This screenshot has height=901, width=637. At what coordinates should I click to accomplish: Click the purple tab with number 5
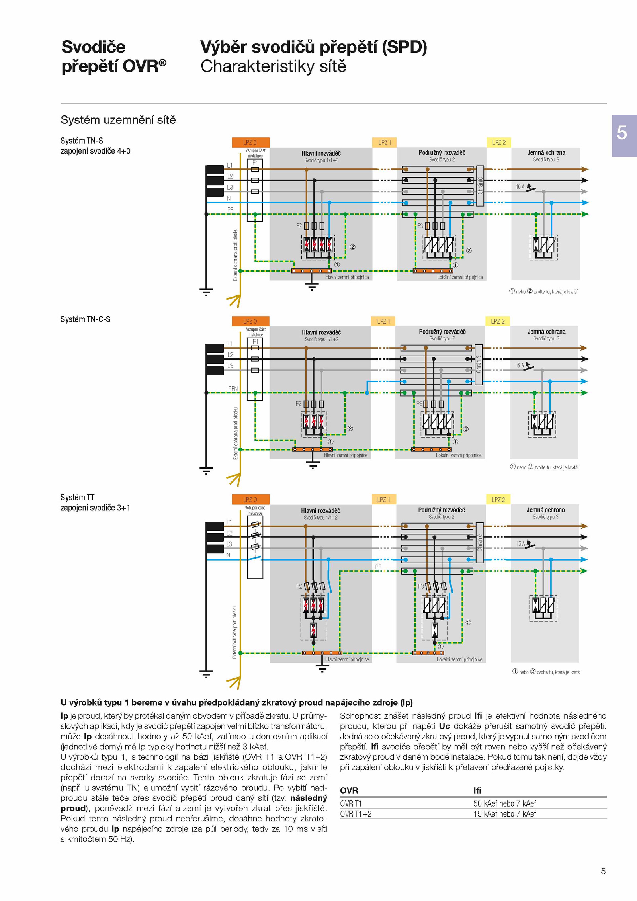pos(624,136)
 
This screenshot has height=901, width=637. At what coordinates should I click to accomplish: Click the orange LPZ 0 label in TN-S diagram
pos(250,143)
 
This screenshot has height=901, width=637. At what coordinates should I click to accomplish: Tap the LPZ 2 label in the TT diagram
pos(498,499)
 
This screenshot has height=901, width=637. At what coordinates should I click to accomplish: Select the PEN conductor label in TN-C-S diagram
pos(233,389)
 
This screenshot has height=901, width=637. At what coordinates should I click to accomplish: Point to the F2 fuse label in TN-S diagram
pos(299,226)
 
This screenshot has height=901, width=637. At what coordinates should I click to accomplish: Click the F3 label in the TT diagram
pos(421,586)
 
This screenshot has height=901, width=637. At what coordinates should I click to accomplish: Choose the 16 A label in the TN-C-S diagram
pos(519,365)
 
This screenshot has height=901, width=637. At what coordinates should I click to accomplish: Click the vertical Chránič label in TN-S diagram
pos(480,186)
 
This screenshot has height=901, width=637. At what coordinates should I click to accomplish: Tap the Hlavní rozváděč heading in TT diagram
pos(320,510)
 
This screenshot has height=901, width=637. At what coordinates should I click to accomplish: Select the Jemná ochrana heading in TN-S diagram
pos(546,152)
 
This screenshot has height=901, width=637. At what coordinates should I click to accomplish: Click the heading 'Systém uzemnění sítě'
pos(118,120)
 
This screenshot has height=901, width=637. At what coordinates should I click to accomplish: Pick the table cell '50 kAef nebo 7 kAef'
pos(504,803)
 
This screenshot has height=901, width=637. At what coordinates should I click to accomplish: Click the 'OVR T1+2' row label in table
pos(356,814)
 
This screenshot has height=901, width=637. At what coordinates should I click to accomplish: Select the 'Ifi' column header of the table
pos(477,790)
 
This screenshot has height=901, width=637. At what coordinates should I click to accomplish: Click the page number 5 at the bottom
pos(603,871)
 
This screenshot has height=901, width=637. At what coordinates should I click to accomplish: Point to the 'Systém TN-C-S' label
pos(86,319)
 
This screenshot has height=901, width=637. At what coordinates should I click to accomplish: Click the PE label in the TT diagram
pos(378,567)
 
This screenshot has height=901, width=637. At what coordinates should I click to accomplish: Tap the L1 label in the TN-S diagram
pos(230,165)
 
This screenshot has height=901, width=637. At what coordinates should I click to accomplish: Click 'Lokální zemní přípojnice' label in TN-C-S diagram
pos(459,455)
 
